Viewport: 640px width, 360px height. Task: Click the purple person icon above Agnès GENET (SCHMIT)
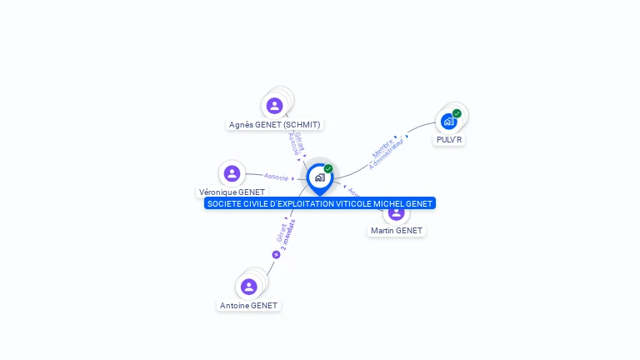tap(274, 106)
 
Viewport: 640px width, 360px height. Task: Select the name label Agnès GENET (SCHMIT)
tap(274, 125)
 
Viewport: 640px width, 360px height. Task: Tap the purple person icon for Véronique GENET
tap(232, 173)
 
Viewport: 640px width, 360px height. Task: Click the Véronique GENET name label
tap(232, 192)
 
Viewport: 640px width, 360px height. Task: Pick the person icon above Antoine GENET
tap(248, 287)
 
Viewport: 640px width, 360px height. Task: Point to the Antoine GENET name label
tap(248, 306)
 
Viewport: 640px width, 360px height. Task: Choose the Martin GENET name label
tap(397, 231)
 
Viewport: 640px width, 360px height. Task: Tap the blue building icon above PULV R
tap(449, 122)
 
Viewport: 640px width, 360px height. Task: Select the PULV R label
tap(449, 140)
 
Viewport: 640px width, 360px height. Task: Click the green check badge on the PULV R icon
tap(457, 113)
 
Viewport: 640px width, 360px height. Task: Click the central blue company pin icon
tap(319, 177)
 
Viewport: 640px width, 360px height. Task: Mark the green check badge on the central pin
tap(328, 168)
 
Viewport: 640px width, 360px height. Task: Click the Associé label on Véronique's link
tap(276, 177)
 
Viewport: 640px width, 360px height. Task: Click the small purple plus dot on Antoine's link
tap(276, 254)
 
